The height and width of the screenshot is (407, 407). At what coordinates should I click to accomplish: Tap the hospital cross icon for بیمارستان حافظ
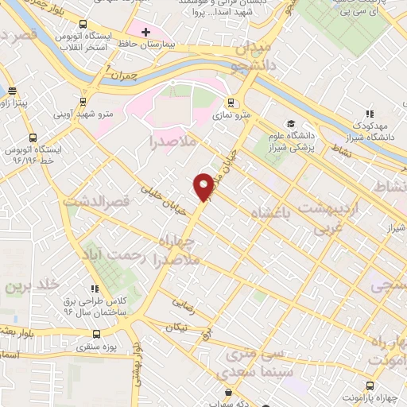click(145, 32)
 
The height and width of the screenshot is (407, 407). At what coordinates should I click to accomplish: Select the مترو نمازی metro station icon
click(231, 102)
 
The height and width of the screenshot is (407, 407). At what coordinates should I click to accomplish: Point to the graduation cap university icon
click(291, 123)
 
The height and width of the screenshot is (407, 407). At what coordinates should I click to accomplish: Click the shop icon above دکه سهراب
click(229, 393)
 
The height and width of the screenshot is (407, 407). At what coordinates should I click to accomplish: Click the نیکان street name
click(180, 326)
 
